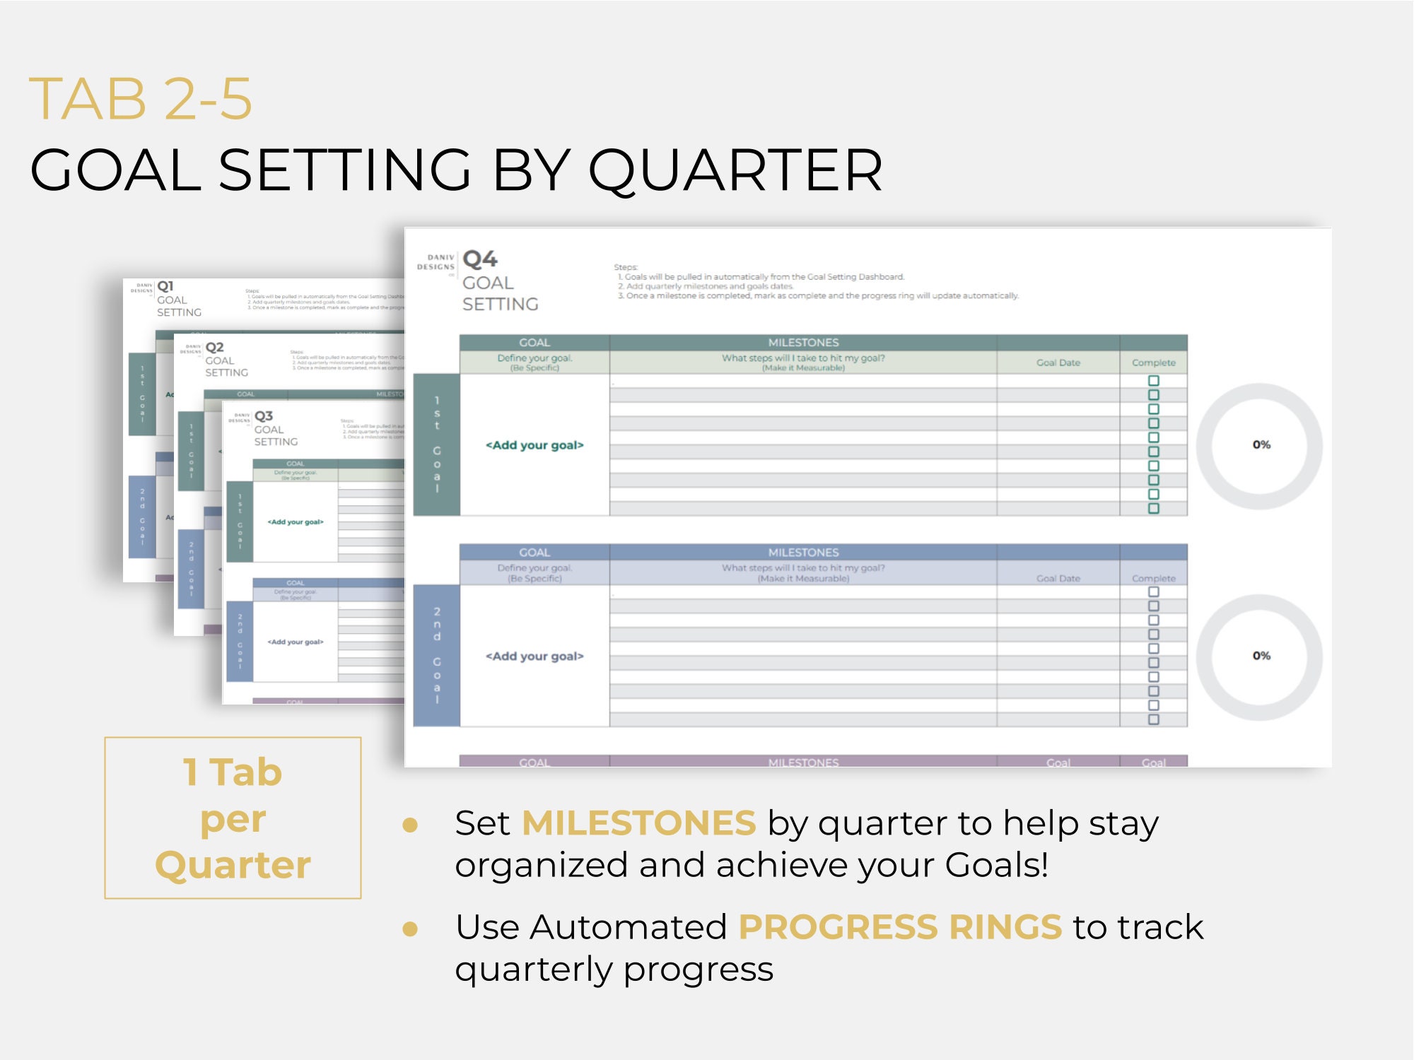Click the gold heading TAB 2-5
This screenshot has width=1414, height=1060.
[x=140, y=99]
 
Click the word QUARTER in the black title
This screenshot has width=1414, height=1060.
[x=735, y=170]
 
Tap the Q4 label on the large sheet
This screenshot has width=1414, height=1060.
[x=480, y=259]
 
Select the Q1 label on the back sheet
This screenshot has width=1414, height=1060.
[x=165, y=286]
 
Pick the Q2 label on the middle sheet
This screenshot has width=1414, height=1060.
[x=214, y=348]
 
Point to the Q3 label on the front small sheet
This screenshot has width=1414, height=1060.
[x=264, y=416]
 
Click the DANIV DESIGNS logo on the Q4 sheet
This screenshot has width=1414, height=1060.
[x=436, y=263]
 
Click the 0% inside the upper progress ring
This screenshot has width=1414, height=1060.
[x=1261, y=444]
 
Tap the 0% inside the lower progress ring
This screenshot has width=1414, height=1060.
[x=1261, y=656]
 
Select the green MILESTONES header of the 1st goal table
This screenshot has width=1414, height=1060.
[x=803, y=343]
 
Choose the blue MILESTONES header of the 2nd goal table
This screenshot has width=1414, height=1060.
[x=803, y=553]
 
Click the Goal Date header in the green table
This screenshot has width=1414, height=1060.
[x=1058, y=363]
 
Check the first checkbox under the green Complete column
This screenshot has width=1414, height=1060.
[x=1154, y=381]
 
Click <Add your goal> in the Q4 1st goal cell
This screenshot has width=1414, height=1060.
[x=534, y=445]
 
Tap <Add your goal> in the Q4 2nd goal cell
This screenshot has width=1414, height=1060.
[x=534, y=656]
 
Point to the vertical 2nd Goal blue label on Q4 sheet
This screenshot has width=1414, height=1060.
[x=437, y=655]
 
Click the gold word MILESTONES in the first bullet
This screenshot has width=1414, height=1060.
[x=638, y=823]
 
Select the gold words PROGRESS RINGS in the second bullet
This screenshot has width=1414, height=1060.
[x=899, y=927]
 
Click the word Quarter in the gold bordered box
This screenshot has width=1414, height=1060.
[x=233, y=865]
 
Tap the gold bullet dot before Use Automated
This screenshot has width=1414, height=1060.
[x=410, y=929]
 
